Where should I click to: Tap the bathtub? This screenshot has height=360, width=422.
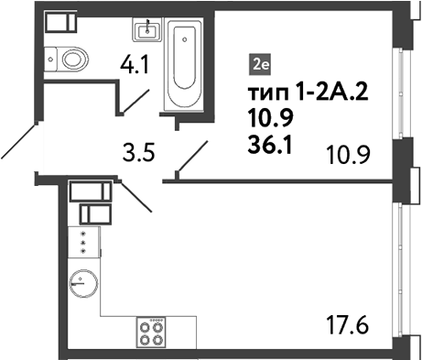(x=186, y=70)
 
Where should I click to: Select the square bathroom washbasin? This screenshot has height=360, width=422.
(x=146, y=32)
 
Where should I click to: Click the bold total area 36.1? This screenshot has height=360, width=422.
(x=269, y=142)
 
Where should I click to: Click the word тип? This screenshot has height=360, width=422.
(x=267, y=93)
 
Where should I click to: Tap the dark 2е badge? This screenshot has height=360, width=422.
(x=261, y=64)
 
